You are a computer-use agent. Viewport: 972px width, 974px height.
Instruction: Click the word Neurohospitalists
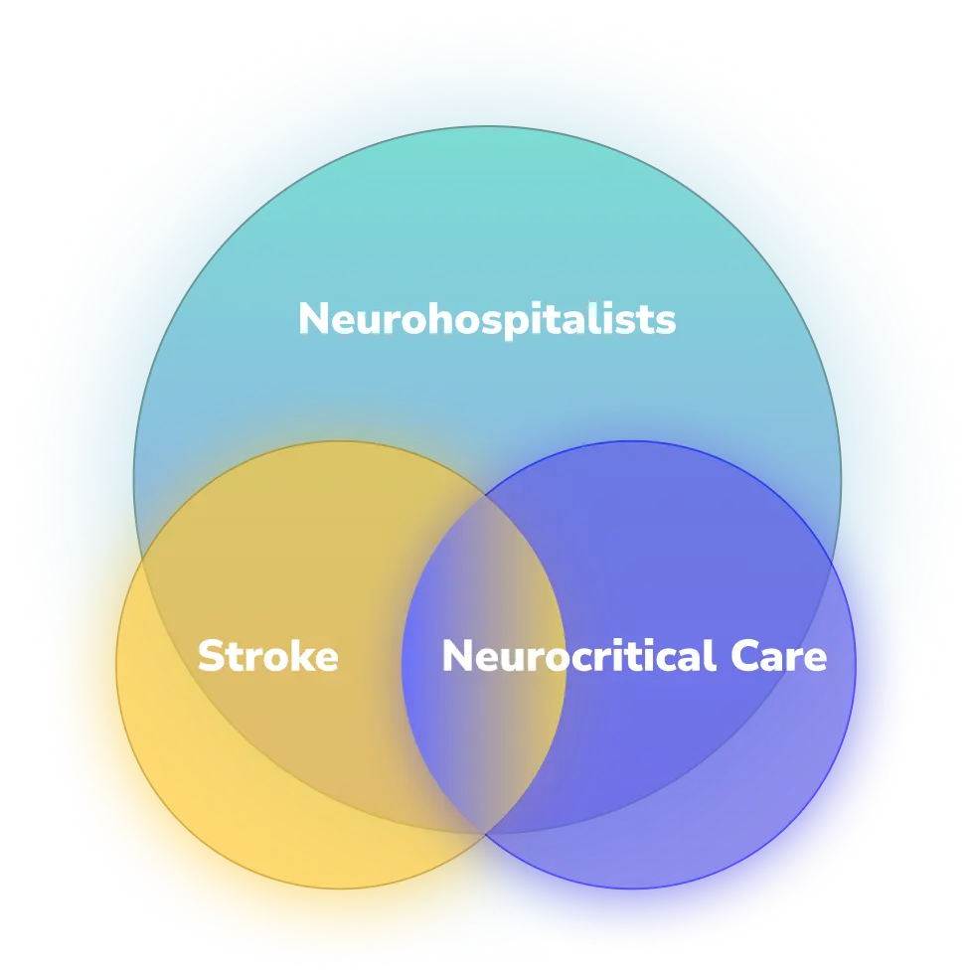487,320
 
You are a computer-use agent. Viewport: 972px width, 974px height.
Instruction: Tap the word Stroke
267,657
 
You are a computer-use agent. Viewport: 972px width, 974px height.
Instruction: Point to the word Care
778,657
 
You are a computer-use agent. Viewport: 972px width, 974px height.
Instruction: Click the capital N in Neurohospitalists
313,320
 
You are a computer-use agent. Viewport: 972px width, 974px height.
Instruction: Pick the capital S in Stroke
211,657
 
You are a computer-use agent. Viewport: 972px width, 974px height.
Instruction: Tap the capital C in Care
744,657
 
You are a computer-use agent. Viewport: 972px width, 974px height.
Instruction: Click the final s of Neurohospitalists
667,321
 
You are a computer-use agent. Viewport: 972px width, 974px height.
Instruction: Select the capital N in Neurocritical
457,657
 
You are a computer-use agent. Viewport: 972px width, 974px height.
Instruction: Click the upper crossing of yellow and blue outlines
485,493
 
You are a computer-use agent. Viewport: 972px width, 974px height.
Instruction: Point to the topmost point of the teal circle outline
487,126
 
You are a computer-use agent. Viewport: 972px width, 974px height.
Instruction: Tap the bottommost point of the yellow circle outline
340,888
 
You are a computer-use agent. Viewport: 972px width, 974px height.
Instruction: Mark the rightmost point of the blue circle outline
855,665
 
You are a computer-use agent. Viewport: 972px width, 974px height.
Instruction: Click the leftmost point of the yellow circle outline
116,665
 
